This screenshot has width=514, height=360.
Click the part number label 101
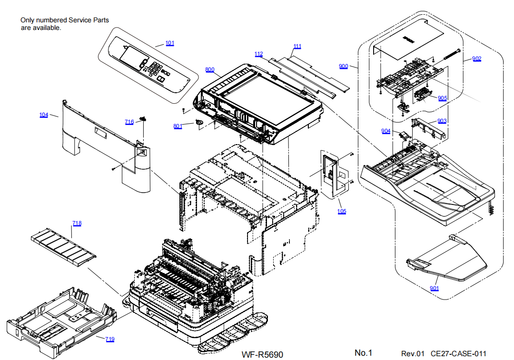click(x=170, y=43)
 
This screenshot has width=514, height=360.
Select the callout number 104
click(x=44, y=115)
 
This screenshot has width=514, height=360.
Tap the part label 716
click(x=129, y=122)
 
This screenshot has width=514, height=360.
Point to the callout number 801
click(x=178, y=126)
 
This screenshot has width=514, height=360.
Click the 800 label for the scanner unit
click(x=209, y=70)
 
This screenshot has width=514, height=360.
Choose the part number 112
click(x=258, y=54)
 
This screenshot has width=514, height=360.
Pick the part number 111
click(x=297, y=47)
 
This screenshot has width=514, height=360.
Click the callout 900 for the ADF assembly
click(x=344, y=66)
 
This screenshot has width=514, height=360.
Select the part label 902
click(x=477, y=59)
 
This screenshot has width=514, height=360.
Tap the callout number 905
click(x=443, y=98)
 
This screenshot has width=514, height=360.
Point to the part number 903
click(x=442, y=121)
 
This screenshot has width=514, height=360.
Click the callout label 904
click(x=385, y=131)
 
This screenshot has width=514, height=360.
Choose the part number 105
click(x=342, y=212)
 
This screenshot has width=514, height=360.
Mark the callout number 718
click(x=77, y=223)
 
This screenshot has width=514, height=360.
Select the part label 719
click(x=110, y=339)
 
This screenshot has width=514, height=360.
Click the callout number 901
click(x=434, y=288)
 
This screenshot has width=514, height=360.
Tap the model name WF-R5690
click(x=262, y=354)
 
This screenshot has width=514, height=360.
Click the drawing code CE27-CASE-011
click(x=458, y=353)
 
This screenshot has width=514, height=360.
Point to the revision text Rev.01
click(x=413, y=353)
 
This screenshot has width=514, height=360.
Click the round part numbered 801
click(x=199, y=122)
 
